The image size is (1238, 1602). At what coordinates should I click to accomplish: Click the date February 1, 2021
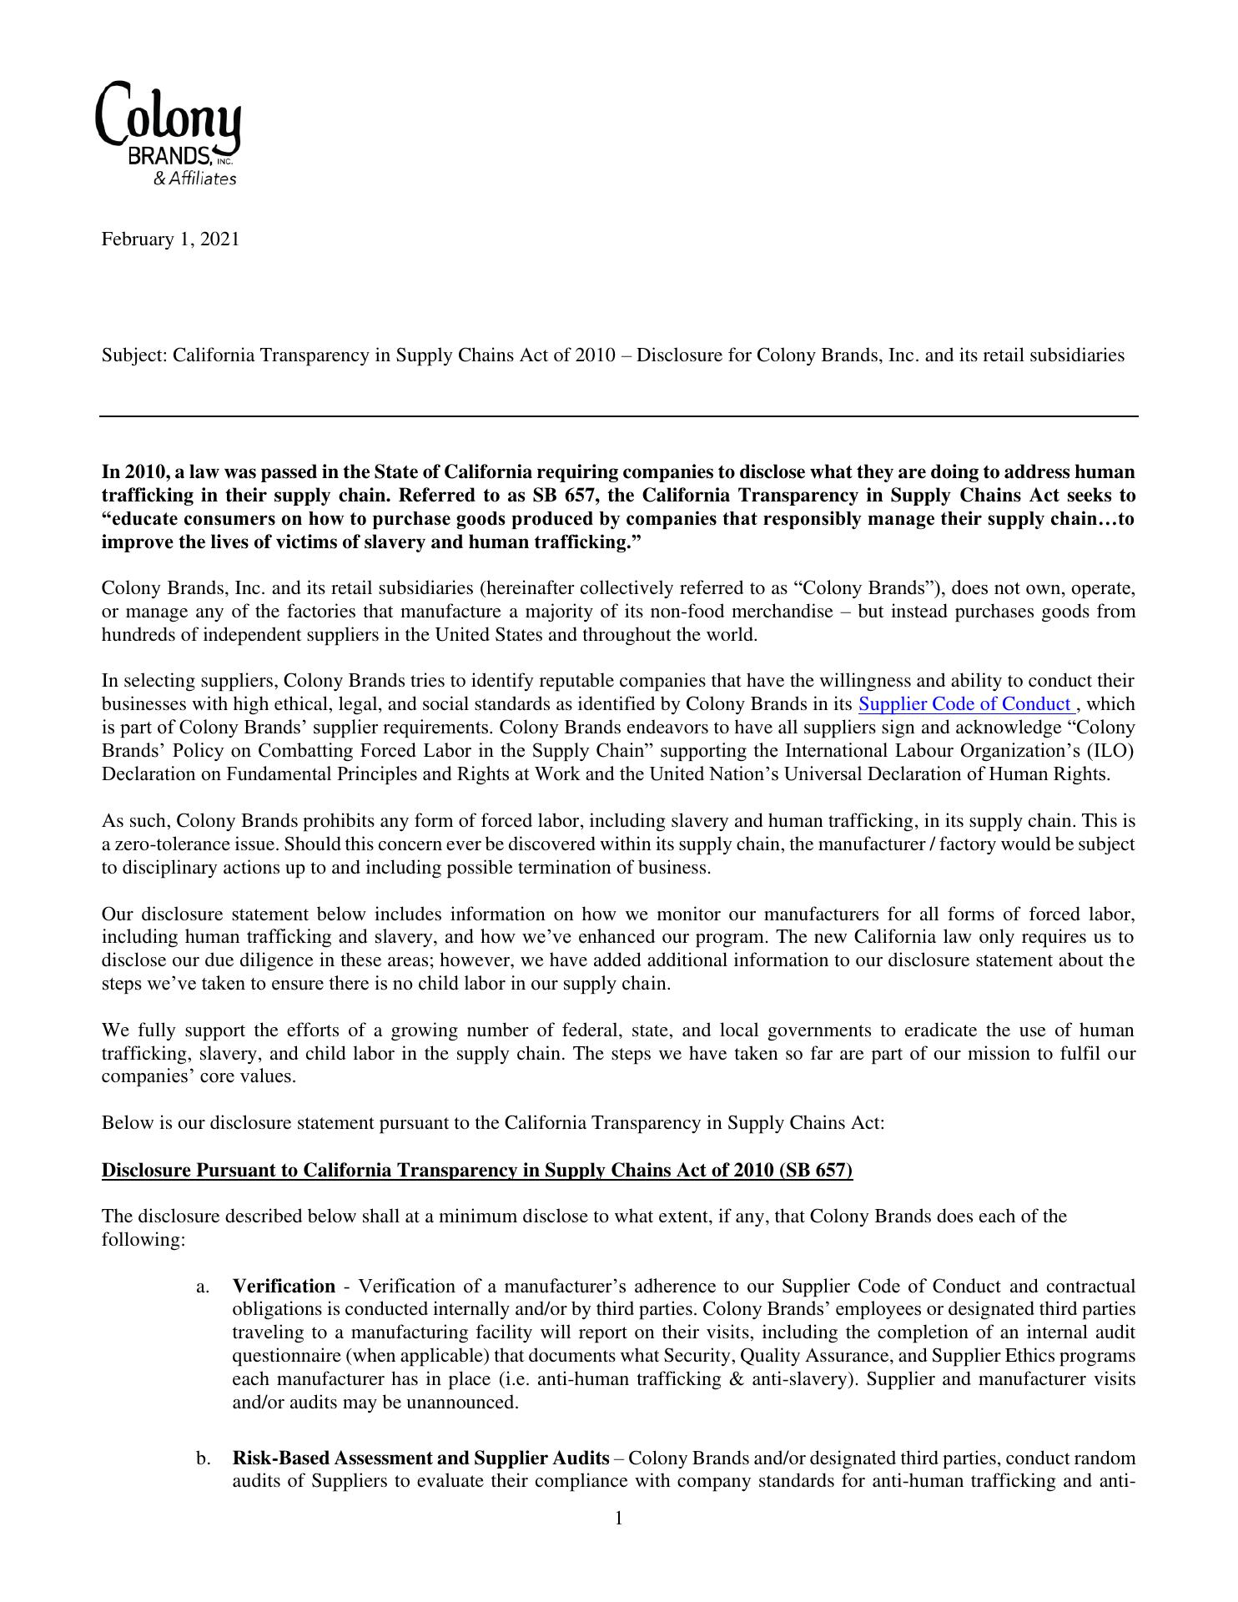(170, 239)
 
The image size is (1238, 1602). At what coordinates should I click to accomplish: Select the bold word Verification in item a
(284, 1286)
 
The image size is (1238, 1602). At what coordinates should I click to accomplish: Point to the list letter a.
(203, 1287)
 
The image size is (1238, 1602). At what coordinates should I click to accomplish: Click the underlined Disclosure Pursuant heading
(476, 1170)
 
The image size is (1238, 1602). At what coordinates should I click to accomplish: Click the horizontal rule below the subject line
(618, 416)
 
